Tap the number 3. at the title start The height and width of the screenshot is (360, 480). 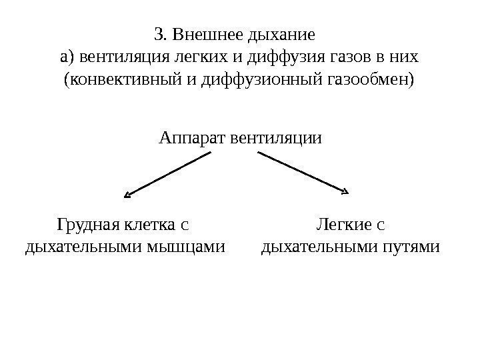[x=160, y=33]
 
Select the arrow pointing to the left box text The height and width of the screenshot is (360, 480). [x=168, y=174]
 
